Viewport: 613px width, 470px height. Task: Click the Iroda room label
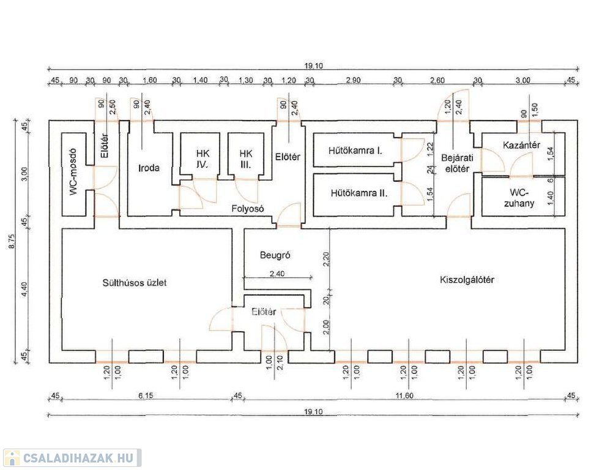click(x=149, y=167)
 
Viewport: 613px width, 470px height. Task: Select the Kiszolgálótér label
click(x=467, y=280)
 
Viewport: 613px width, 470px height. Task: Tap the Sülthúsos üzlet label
click(x=135, y=283)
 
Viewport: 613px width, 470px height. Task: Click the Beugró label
click(x=274, y=255)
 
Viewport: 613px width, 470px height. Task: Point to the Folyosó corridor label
click(x=247, y=208)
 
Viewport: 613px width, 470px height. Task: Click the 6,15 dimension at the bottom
click(x=145, y=396)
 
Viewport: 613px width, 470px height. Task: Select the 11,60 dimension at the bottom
click(x=404, y=396)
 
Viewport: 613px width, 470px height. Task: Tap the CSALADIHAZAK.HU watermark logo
click(x=72, y=458)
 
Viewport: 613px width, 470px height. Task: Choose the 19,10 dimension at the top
click(x=313, y=63)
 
